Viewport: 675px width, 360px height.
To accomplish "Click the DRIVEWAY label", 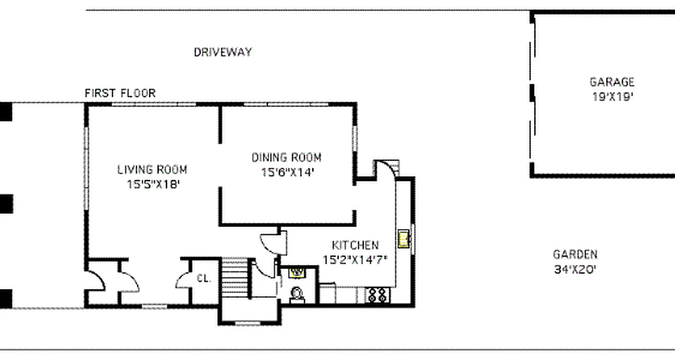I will coord(223,52).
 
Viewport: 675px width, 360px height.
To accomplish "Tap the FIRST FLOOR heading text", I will coord(120,93).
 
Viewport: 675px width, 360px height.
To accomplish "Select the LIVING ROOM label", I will coord(152,170).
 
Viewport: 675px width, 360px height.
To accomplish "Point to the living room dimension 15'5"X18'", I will coord(153,184).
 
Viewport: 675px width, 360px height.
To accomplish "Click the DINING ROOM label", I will coord(286,157).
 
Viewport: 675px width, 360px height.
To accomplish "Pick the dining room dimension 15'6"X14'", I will coord(287,172).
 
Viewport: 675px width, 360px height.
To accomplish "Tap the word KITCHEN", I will coord(355,245).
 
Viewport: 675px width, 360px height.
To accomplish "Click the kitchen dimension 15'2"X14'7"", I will coord(355,260).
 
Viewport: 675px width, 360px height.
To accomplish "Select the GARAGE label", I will coord(612,82).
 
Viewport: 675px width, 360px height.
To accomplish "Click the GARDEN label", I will coord(575,254).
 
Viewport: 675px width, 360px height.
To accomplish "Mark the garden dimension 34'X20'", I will coord(575,269).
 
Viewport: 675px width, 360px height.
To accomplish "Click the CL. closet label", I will coord(204,278).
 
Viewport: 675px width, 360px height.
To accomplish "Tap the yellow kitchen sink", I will coord(403,238).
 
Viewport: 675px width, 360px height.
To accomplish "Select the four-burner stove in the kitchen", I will coord(377,295).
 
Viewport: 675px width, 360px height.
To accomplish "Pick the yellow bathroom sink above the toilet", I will coord(297,272).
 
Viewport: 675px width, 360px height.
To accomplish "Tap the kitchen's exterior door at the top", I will coord(386,169).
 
